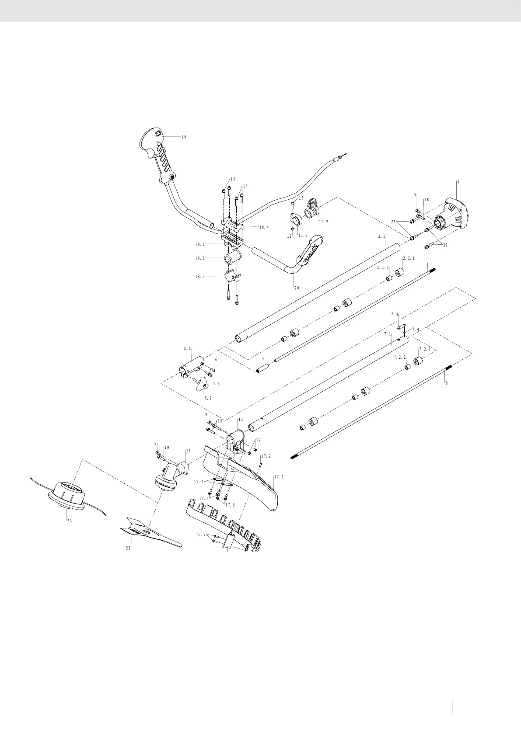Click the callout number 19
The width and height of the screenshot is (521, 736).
coord(184,137)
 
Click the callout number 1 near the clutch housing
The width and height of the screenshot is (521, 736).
coord(458,181)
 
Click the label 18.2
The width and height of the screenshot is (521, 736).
coord(200,258)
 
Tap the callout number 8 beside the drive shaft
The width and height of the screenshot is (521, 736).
coord(446,382)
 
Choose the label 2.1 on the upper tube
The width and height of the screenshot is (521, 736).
coord(381,236)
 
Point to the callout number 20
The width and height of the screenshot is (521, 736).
coord(297,288)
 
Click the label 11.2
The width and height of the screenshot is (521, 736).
coord(323,222)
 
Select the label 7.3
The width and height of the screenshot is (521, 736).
coord(395,314)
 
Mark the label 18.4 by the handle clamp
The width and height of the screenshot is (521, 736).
coord(264,227)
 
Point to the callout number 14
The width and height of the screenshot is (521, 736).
coord(240,420)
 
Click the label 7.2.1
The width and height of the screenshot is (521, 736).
coord(425,349)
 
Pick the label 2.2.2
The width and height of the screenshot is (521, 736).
coord(383,267)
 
